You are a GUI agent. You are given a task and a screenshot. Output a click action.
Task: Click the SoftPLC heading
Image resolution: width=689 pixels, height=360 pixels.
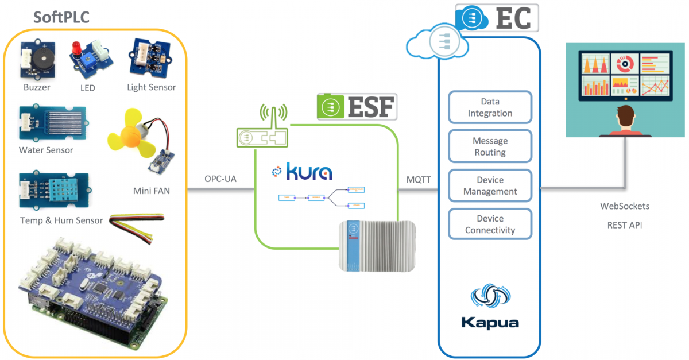[x=61, y=17]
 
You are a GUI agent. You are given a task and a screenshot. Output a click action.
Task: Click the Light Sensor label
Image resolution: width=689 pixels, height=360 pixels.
[x=152, y=87]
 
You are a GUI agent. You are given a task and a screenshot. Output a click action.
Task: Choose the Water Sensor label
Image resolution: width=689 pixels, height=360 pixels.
[x=46, y=150]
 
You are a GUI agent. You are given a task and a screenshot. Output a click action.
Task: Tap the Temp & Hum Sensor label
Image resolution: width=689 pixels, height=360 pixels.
[x=61, y=220]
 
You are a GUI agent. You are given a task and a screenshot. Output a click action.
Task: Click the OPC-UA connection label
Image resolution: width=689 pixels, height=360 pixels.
[x=220, y=179]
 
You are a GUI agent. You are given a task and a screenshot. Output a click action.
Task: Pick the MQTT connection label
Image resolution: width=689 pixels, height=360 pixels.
[x=418, y=179]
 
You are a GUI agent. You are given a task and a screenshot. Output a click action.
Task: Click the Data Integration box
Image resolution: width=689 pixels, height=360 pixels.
[x=490, y=107]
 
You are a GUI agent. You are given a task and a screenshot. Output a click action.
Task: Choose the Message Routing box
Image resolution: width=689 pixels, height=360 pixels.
[x=490, y=146]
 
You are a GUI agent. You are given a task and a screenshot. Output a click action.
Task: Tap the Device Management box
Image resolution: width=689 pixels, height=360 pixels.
[x=490, y=186]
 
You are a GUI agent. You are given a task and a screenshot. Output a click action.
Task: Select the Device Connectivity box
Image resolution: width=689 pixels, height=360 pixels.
[x=490, y=224]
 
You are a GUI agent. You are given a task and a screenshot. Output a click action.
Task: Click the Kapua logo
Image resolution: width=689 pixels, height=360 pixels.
[x=490, y=307]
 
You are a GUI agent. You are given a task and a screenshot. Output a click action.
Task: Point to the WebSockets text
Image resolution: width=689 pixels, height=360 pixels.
[x=625, y=206]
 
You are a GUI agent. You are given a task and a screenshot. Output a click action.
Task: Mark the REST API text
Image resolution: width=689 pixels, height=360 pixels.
[x=625, y=225]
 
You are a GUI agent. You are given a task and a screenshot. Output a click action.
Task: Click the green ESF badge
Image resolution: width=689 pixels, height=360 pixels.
[x=357, y=107]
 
